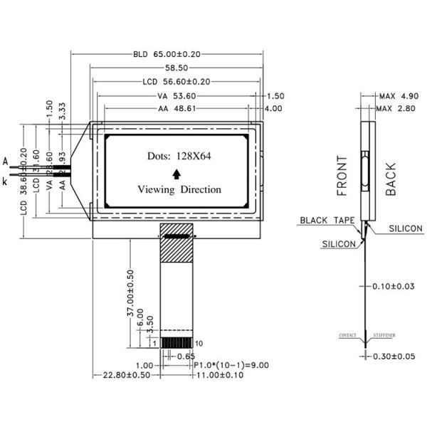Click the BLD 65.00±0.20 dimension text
[167, 54]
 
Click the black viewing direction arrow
[176, 173]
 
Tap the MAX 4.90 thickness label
[399, 95]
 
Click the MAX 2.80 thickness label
[399, 108]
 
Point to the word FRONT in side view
[342, 176]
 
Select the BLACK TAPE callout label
[326, 221]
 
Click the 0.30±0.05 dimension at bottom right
[395, 356]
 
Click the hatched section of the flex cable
[177, 250]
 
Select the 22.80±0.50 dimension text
[127, 375]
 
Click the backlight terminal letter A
[6, 162]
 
